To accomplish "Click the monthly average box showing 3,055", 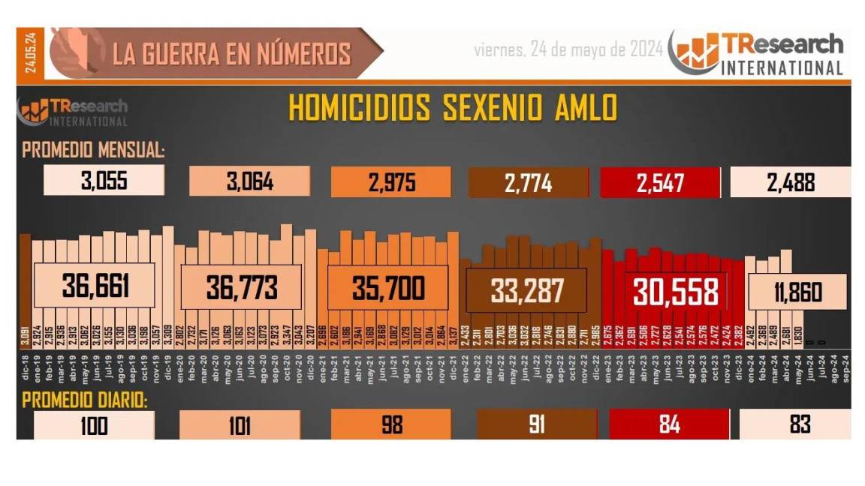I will [x=104, y=181].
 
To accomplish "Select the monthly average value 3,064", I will [x=250, y=181].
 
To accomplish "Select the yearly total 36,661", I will [x=97, y=286].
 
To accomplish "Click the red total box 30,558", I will [x=675, y=291].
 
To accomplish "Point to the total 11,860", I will [x=797, y=292].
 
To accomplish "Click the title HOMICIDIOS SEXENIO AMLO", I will [x=453, y=108].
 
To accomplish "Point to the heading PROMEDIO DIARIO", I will [x=85, y=400].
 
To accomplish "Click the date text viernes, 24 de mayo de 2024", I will [x=568, y=49].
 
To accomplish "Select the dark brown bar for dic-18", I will [x=25, y=289].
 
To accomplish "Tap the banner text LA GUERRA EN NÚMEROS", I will [x=231, y=53].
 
